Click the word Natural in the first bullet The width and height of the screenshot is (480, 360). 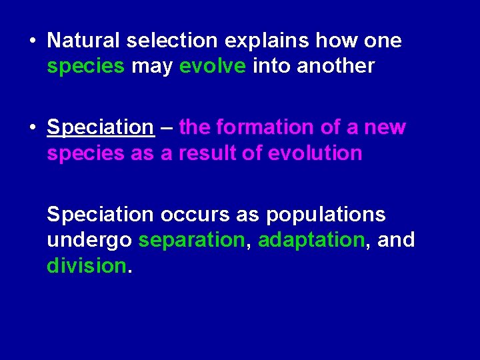tap(85, 41)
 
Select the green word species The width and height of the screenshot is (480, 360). tap(85, 67)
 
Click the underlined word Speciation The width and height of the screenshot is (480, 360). tap(100, 127)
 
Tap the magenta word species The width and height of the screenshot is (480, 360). tap(85, 153)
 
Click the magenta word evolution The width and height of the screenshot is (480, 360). tap(315, 153)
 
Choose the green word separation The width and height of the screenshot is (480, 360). tap(192, 240)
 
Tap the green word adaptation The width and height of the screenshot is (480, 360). tap(311, 240)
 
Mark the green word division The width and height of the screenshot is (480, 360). tap(86, 266)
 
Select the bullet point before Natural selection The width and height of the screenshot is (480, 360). tap(33, 41)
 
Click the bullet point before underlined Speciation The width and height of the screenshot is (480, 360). tap(33, 127)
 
